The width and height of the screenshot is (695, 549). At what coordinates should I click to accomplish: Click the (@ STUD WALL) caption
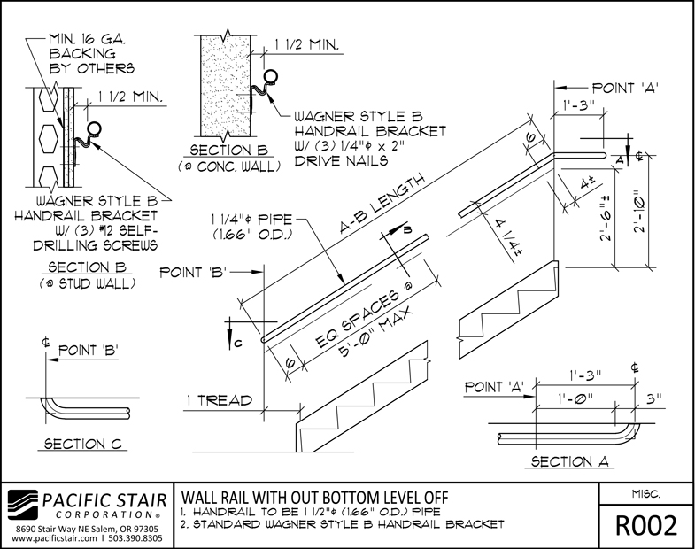[78, 284]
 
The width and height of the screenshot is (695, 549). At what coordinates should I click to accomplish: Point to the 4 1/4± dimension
[507, 233]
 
